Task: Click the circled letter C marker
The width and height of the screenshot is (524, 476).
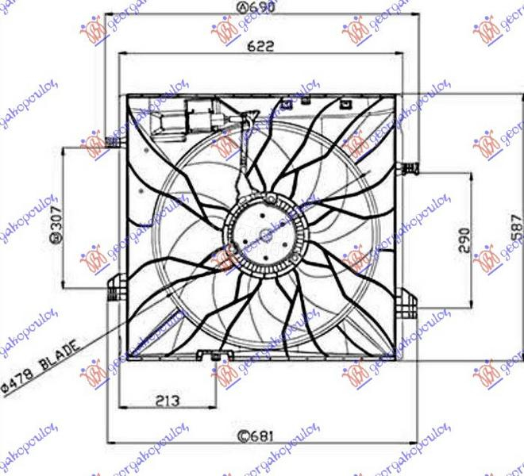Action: tap(245, 435)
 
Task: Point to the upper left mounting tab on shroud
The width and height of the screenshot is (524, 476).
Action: tap(116, 143)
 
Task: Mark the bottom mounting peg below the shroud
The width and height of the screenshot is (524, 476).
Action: tap(215, 363)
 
